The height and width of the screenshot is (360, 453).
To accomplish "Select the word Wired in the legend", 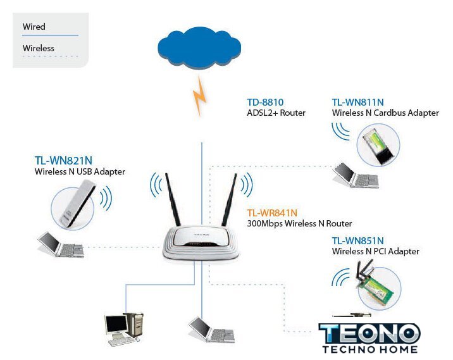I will (34, 27).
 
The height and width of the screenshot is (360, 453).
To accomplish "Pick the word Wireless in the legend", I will (39, 48).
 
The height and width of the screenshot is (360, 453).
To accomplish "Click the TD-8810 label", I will (264, 101).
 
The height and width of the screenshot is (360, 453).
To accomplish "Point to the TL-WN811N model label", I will (357, 101).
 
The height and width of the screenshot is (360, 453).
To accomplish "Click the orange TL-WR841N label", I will (272, 213).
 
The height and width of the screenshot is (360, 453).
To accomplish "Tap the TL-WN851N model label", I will (358, 240).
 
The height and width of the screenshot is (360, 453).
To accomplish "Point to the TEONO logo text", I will (369, 334).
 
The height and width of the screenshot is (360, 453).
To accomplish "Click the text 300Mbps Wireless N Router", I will (299, 224).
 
